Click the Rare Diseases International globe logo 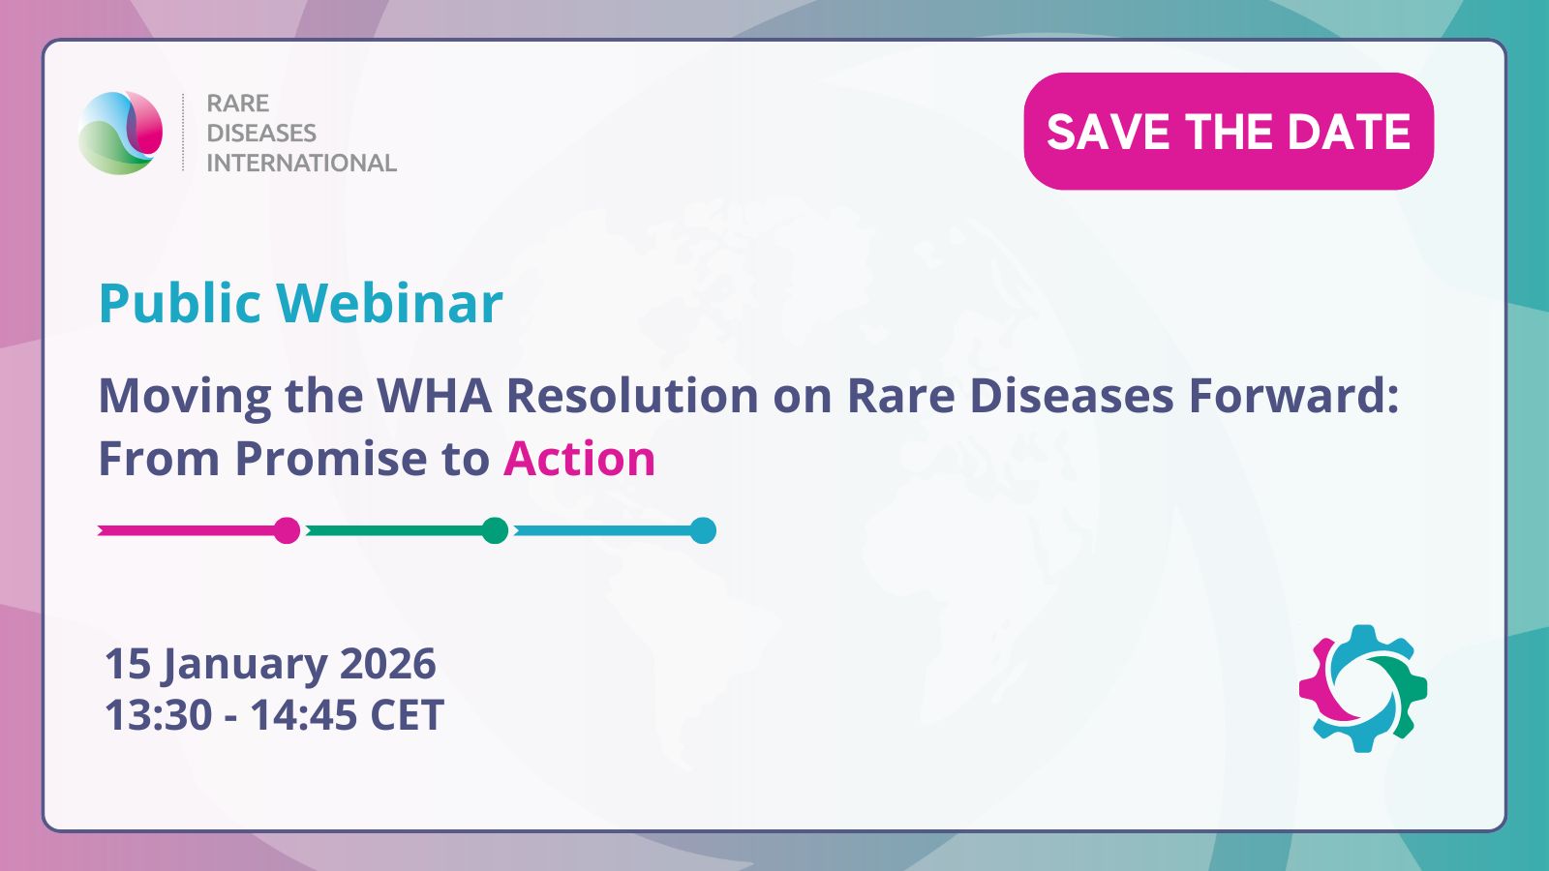[120, 132]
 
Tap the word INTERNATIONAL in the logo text [301, 164]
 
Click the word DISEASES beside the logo [261, 133]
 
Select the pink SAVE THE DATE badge [1229, 132]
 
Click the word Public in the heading [180, 303]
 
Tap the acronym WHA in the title [434, 396]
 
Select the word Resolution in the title [632, 396]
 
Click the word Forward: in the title [1293, 396]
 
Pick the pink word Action [580, 459]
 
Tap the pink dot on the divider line [287, 531]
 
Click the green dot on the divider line [495, 531]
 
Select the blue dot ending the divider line [703, 531]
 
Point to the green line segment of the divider [394, 531]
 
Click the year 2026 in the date [388, 663]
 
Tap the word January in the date [245, 664]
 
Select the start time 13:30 [159, 714]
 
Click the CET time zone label [408, 714]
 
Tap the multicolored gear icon [1362, 688]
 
